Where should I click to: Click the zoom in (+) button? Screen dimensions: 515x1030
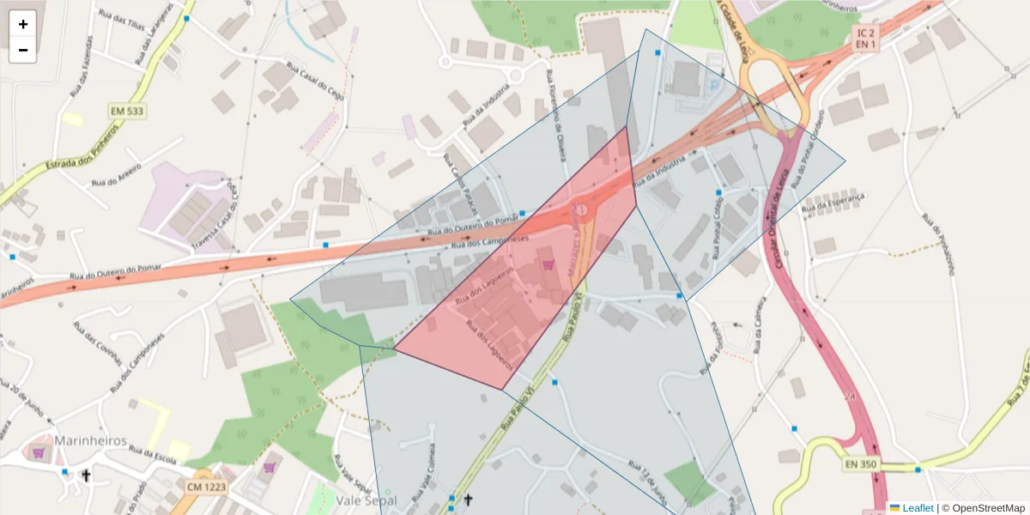point(23,24)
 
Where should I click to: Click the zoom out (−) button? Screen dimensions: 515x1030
point(23,50)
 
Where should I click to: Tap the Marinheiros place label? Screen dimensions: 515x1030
point(91,440)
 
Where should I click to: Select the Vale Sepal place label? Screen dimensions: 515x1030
point(367,500)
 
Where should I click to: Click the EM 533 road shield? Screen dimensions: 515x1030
point(127,112)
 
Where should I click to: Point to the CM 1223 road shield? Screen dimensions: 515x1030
point(206,487)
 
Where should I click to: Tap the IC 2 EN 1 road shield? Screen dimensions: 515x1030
point(865,38)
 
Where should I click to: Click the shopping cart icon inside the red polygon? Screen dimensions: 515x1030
point(548,266)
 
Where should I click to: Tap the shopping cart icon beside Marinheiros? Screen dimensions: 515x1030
point(38,451)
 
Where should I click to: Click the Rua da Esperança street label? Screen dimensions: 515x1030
point(832,203)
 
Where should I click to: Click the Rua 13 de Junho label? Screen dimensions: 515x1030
point(647,482)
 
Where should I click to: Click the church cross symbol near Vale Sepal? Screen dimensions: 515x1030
point(468,500)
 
